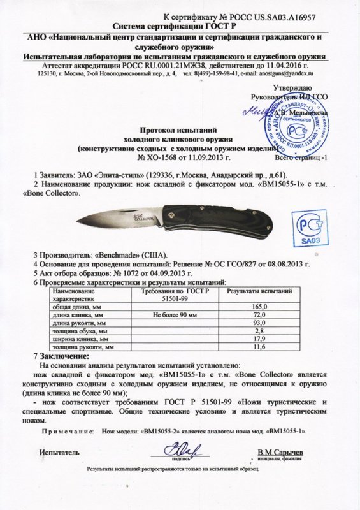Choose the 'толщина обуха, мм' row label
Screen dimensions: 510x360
pyautogui.click(x=80, y=331)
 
